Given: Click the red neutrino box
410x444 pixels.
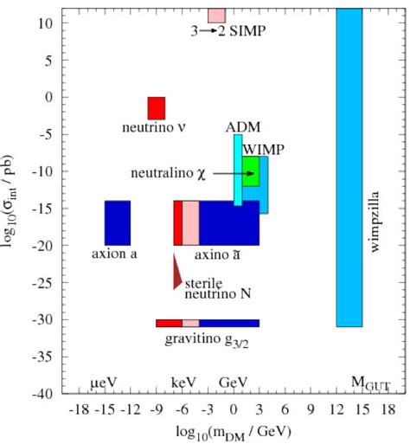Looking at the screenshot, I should click(x=157, y=108).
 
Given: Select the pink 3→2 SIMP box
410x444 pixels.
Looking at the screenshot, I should click(x=216, y=16).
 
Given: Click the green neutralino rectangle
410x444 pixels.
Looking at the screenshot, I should click(x=251, y=171).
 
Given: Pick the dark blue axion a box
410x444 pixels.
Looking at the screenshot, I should click(x=117, y=223).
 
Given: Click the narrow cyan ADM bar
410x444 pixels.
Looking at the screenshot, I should click(x=238, y=170).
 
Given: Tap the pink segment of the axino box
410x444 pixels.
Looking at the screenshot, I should click(x=190, y=223).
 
